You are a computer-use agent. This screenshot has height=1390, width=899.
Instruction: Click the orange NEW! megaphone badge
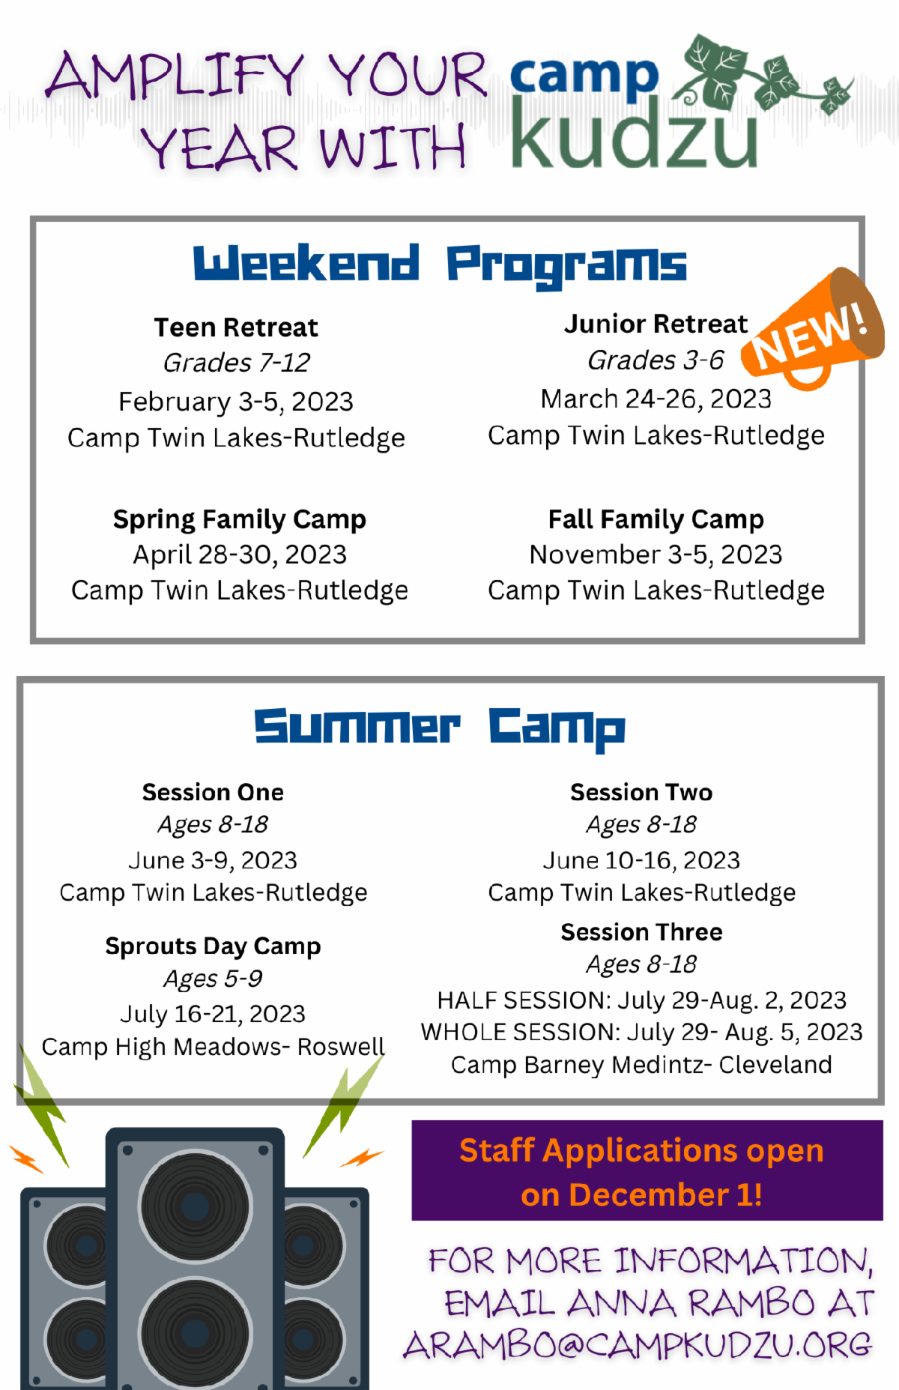tap(813, 330)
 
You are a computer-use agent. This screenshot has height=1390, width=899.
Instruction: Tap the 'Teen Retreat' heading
tap(236, 327)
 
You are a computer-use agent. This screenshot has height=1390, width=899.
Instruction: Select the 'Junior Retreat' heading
tap(656, 324)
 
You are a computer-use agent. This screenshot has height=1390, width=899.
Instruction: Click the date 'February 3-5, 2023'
tap(236, 402)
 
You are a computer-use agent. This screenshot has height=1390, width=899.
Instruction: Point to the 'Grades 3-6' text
tap(656, 360)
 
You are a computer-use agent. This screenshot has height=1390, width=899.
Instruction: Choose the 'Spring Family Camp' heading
tap(240, 519)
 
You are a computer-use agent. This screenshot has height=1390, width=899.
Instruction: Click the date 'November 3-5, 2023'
tap(656, 555)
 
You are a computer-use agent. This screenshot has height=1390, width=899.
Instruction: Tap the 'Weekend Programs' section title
tap(440, 265)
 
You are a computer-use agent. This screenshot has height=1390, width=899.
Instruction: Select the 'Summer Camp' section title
tap(440, 728)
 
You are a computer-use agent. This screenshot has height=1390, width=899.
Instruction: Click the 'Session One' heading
tap(214, 792)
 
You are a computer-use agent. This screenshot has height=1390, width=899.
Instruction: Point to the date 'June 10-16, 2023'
tap(641, 860)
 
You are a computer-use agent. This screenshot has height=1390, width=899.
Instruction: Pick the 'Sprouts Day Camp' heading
tap(214, 946)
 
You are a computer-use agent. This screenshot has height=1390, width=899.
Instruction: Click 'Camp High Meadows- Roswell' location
tap(214, 1047)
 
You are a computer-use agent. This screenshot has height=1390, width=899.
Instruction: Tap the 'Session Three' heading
tap(641, 932)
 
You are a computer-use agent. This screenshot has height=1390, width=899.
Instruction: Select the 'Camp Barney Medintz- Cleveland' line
tap(641, 1065)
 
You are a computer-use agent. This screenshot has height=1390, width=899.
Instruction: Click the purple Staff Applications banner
tap(647, 1170)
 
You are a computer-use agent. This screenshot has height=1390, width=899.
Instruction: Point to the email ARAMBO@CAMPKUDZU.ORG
tap(638, 1346)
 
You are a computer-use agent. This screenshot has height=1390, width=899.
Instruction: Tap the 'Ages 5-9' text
tap(214, 979)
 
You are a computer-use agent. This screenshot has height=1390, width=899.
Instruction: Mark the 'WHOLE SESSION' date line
tap(641, 1033)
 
